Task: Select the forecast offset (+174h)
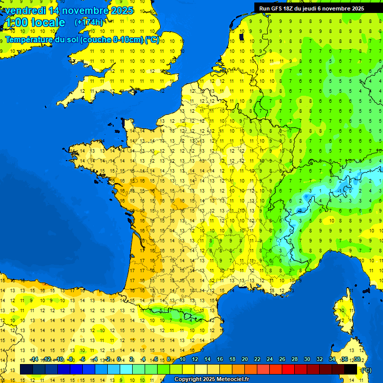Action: [x=89, y=22]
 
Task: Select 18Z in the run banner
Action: [x=288, y=8]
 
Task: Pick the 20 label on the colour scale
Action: [x=244, y=360]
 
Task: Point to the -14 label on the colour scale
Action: [x=34, y=360]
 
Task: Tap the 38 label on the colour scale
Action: [x=357, y=360]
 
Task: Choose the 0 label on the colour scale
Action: [x=119, y=360]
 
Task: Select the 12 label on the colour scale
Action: [x=194, y=360]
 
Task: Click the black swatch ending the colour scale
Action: [x=351, y=369]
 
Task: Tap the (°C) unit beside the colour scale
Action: [x=366, y=370]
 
